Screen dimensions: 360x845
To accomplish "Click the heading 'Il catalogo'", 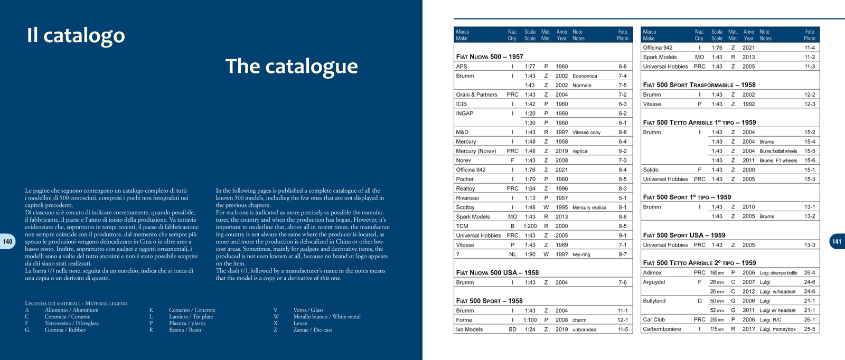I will point(76,35).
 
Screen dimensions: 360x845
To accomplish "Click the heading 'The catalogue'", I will point(292,67).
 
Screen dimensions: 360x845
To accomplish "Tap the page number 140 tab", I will point(8,241).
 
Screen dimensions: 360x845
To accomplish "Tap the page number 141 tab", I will point(837,241).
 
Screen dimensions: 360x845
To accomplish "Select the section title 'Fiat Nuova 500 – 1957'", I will point(489,56).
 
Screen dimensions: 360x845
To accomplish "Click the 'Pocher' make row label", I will point(465,179).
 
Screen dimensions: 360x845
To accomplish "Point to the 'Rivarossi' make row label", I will point(467,198).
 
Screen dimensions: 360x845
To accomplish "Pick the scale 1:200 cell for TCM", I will point(530,226).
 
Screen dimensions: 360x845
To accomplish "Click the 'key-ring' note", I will point(581,254).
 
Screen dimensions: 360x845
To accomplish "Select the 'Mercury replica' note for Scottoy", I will point(589,207).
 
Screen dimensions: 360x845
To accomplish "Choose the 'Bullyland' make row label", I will point(654,301).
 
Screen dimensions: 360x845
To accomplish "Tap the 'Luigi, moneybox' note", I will point(777,329).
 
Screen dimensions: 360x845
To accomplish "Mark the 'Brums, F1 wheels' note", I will point(778,160).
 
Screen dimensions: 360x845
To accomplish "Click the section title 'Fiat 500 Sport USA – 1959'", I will point(684,235).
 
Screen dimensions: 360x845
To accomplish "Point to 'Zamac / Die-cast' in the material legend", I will point(313,330).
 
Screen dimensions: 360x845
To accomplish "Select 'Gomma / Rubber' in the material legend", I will point(65,330).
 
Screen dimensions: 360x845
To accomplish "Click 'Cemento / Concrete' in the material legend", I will point(192,310).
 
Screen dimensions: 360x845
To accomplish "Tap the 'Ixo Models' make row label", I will point(470,329).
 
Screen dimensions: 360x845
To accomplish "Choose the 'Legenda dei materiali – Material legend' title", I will point(76,303).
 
